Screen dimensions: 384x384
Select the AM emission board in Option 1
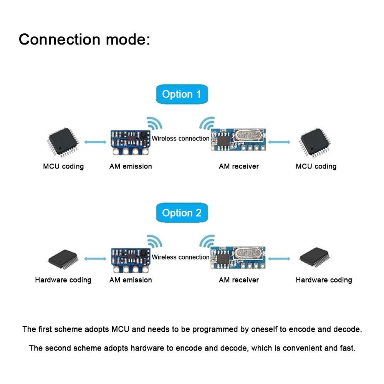(x=130, y=142)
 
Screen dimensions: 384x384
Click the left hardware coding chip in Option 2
(x=63, y=259)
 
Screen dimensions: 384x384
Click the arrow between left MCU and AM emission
(x=95, y=142)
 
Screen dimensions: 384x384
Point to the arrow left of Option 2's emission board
(x=95, y=259)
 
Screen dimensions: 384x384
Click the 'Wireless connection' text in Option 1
(x=180, y=139)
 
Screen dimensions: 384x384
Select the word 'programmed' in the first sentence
(x=211, y=329)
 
